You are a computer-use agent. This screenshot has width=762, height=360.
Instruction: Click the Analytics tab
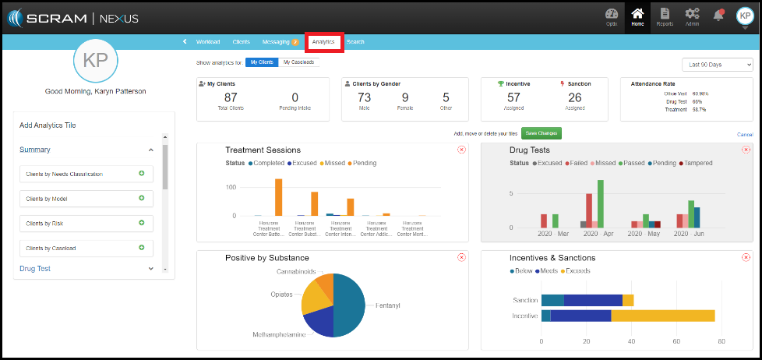(x=324, y=42)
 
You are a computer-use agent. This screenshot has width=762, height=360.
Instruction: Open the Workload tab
(x=208, y=42)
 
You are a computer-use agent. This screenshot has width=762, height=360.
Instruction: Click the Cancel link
(x=745, y=135)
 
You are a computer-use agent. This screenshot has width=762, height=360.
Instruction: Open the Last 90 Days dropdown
(x=717, y=65)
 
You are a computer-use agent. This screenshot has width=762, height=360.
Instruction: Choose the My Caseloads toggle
(x=298, y=62)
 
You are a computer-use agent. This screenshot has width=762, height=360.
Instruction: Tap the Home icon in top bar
(x=638, y=16)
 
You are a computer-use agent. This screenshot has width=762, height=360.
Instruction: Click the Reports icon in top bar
(x=665, y=16)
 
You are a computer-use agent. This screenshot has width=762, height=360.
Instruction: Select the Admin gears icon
(x=692, y=16)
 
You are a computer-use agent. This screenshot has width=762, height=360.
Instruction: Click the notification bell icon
(x=718, y=16)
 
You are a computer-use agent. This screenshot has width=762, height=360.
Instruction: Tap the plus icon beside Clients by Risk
(x=142, y=223)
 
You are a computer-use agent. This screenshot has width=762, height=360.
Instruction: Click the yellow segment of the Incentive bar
(x=662, y=316)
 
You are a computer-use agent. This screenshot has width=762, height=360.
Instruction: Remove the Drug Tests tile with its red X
(x=746, y=150)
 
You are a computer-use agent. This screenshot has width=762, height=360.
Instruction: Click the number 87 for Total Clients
(x=231, y=97)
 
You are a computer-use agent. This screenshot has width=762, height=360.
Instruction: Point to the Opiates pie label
(x=282, y=295)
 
